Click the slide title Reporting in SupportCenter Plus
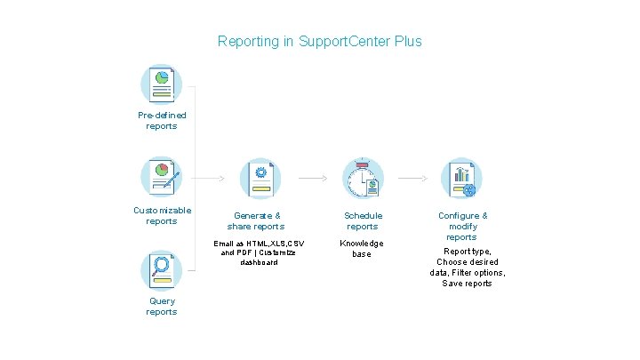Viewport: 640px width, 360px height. point(320,42)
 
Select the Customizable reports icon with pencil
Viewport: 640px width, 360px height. point(162,178)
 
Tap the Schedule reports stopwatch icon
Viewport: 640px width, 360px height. point(363,179)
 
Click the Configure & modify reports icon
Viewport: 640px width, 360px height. point(462,179)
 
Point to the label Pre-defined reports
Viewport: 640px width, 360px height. point(162,121)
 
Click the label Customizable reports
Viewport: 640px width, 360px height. point(162,215)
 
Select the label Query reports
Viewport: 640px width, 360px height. point(162,307)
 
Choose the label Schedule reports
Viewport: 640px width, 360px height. point(363,220)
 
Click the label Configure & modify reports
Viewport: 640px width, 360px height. point(462,226)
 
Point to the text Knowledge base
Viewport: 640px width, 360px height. point(363,249)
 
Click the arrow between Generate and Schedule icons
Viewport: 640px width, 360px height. point(312,179)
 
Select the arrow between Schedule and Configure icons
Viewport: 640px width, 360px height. point(412,179)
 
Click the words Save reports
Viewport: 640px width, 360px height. point(467,284)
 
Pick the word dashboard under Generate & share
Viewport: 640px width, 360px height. point(259,262)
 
